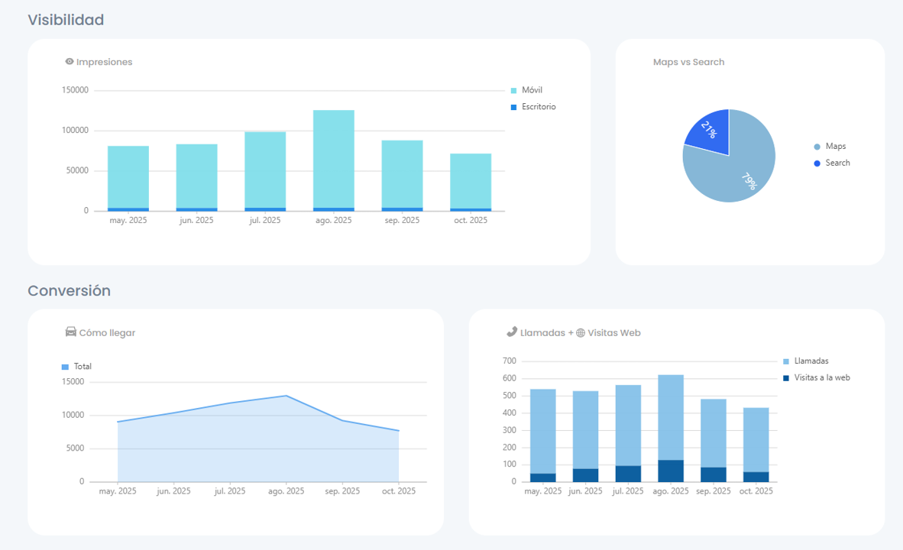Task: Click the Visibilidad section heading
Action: [x=66, y=20]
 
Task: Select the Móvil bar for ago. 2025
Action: [x=333, y=158]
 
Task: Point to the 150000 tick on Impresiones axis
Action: [x=75, y=90]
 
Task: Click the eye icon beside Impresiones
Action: [x=70, y=62]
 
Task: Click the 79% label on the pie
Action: [x=748, y=182]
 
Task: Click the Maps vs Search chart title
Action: [x=688, y=62]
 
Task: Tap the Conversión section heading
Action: [x=69, y=291]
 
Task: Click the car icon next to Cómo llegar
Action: [x=71, y=332]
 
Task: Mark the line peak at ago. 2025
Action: [x=286, y=396]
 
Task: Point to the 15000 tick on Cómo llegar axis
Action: [x=73, y=382]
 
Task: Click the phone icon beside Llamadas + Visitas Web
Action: [x=511, y=332]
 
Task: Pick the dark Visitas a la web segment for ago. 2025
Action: [x=671, y=471]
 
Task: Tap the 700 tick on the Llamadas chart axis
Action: [x=510, y=361]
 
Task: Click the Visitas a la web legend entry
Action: [x=821, y=377]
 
